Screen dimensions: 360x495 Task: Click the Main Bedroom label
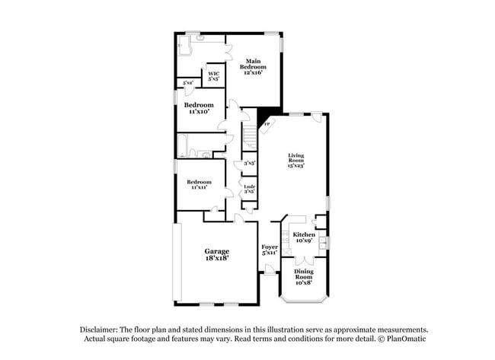pyautogui.click(x=252, y=64)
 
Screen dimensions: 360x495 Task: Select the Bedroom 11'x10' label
pyautogui.click(x=199, y=107)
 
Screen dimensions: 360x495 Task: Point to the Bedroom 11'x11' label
pyautogui.click(x=199, y=184)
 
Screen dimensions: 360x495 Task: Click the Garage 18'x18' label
pyautogui.click(x=216, y=255)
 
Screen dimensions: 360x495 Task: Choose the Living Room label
pyautogui.click(x=295, y=160)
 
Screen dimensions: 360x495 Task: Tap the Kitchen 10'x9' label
pyautogui.click(x=304, y=237)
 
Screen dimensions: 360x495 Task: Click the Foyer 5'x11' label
pyautogui.click(x=270, y=250)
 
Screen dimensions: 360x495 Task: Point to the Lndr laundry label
pyautogui.click(x=248, y=188)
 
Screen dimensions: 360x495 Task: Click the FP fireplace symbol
pyautogui.click(x=267, y=123)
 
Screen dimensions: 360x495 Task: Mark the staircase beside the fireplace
pyautogui.click(x=250, y=138)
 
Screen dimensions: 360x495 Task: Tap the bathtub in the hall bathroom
pyautogui.click(x=187, y=145)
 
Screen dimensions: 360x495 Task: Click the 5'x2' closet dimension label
pyautogui.click(x=187, y=82)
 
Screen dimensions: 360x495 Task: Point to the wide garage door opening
pyautogui.click(x=177, y=262)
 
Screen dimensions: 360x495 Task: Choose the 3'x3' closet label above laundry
pyautogui.click(x=248, y=163)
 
